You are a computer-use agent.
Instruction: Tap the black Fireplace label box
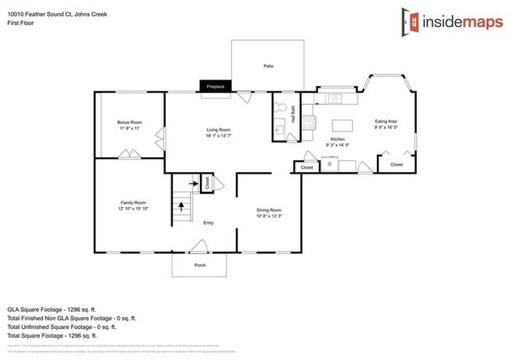(x=215, y=86)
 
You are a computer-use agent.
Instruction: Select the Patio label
(x=269, y=65)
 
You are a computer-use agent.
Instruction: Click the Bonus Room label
(x=129, y=122)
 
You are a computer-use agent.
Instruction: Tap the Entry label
(x=208, y=223)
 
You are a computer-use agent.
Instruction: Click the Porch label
(x=200, y=265)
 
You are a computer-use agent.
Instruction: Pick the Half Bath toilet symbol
(x=279, y=108)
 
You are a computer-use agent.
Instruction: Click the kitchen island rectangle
(x=343, y=125)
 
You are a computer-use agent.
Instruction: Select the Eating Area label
(x=386, y=122)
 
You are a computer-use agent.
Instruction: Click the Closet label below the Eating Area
(x=396, y=165)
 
